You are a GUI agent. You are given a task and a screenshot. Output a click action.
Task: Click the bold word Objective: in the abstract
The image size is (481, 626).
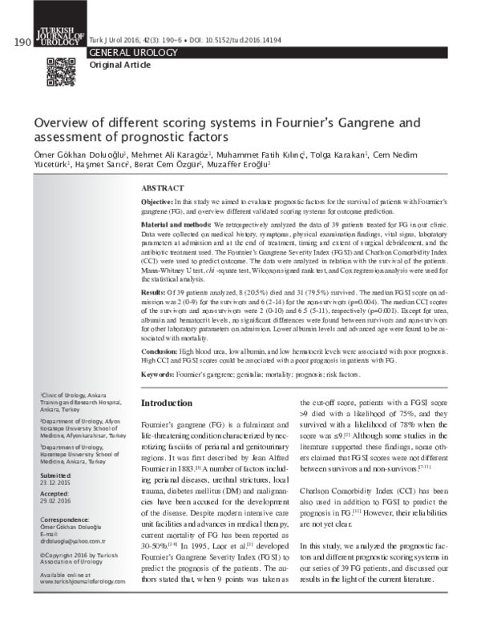click(157, 203)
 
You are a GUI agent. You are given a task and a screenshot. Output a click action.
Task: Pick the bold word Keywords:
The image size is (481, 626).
click(158, 374)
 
